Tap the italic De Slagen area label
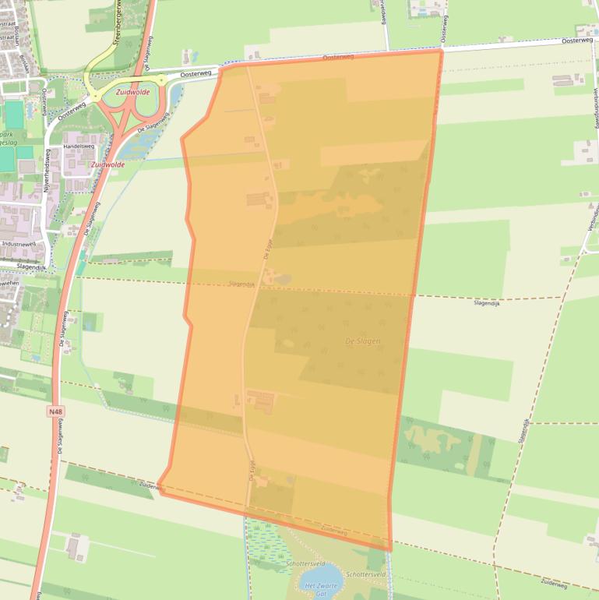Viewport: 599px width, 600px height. [x=362, y=341]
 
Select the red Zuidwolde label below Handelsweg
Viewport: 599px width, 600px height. [x=107, y=165]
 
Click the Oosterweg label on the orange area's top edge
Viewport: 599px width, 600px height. [x=338, y=57]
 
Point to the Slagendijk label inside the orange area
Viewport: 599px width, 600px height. [x=242, y=284]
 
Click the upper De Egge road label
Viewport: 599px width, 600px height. [x=269, y=249]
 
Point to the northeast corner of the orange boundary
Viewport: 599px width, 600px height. [x=442, y=50]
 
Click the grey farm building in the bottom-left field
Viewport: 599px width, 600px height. [x=74, y=547]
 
